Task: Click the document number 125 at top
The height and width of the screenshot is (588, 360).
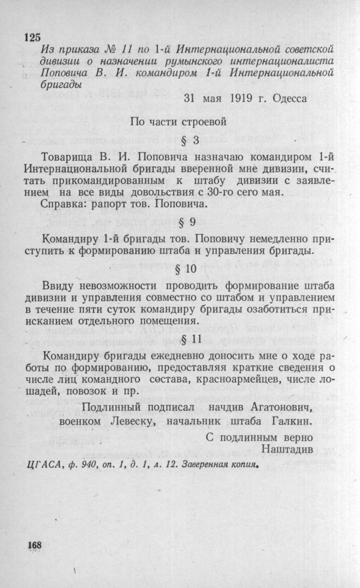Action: [x=33, y=37]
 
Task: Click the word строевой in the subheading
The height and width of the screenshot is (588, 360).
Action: [x=201, y=121]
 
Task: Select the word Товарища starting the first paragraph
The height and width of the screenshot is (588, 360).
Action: [x=65, y=156]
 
